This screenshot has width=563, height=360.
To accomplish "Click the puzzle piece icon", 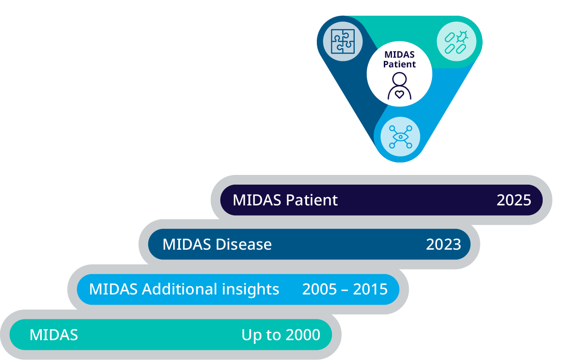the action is point(343,42).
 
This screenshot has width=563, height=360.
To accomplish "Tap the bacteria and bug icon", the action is point(456,42).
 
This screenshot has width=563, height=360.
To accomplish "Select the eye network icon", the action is point(400,137).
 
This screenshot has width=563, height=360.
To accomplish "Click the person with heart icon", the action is point(400,86).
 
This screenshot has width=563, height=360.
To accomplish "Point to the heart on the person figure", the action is point(400,95).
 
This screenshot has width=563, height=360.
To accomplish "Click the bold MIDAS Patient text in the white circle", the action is point(400,59).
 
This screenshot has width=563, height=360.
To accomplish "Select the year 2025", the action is point(514,200).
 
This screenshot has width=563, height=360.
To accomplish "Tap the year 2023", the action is point(443,245).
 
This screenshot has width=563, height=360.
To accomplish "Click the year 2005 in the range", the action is point(320,289).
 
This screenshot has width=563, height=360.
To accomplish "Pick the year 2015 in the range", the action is point(370,289).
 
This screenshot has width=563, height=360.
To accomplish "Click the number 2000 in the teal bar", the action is point(303,335).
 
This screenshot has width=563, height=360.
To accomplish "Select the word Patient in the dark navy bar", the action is point(312,200).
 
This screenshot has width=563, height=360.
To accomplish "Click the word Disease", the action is point(243,245).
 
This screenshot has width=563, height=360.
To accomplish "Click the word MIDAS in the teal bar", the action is point(54,335).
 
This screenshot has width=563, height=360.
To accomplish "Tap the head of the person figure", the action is point(400,79).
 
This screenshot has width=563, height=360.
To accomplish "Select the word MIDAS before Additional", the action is point(113,289).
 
